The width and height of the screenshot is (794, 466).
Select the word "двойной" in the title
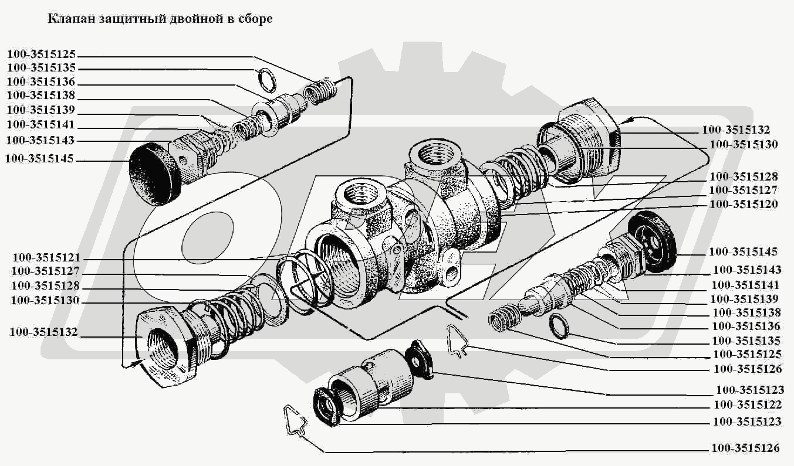pyautogui.click(x=173, y=19)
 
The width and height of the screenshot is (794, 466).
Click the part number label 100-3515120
pyautogui.click(x=743, y=205)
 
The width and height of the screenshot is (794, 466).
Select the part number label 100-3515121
pyautogui.click(x=46, y=258)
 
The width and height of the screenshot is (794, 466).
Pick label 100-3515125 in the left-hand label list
pyautogui.click(x=42, y=54)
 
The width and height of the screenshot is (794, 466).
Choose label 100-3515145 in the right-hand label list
pyautogui.click(x=743, y=252)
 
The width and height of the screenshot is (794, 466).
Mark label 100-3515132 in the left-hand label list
pyautogui.click(x=43, y=332)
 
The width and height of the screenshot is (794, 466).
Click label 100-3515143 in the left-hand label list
pyautogui.click(x=42, y=141)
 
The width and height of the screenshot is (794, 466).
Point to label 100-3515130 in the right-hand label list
pyautogui.click(x=744, y=144)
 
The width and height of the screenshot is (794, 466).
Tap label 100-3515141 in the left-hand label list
pyautogui.click(x=42, y=125)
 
